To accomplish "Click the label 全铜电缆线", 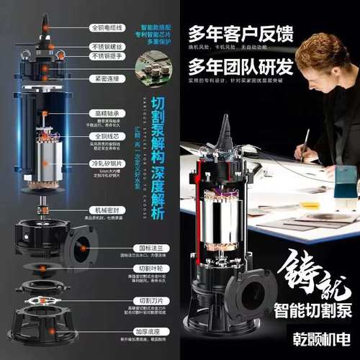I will pyautogui.click(x=107, y=28).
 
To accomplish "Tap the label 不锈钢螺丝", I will pyautogui.click(x=107, y=45).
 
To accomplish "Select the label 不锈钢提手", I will pyautogui.click(x=107, y=55).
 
